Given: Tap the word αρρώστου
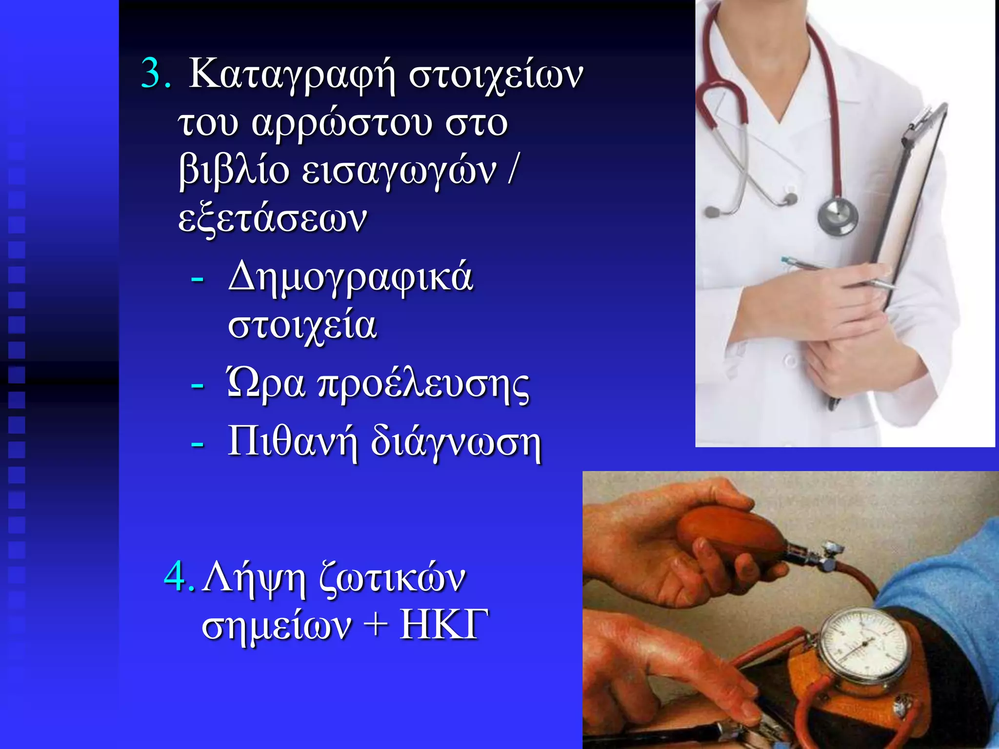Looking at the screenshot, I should coord(341,124).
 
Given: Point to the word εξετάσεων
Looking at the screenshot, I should coord(272,219).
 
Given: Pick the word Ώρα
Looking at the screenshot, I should coord(266,385).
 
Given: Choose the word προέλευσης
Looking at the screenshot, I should coord(423,386).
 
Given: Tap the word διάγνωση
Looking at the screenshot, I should coord(456,443).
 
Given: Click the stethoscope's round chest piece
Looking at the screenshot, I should coord(837,216).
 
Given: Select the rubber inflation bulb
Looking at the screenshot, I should coord(732,532).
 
